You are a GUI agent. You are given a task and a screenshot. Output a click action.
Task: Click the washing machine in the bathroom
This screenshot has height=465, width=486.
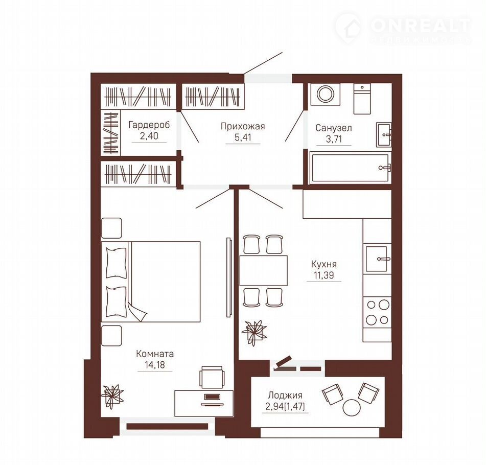[x=325, y=94]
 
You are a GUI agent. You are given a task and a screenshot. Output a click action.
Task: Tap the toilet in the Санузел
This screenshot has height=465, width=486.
[x=362, y=99]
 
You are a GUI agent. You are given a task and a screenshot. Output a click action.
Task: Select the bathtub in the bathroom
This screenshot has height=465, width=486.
[x=350, y=168]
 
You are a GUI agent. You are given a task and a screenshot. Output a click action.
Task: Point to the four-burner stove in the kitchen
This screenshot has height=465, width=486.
[x=377, y=312]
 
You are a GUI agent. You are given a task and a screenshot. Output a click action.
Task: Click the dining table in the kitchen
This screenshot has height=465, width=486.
[x=264, y=270]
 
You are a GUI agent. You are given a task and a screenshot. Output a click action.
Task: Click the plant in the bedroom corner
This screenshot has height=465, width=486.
[x=112, y=396]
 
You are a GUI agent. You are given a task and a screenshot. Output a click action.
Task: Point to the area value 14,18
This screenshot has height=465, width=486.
[x=155, y=365]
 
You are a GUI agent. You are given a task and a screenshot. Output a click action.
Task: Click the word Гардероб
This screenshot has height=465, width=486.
[x=149, y=125]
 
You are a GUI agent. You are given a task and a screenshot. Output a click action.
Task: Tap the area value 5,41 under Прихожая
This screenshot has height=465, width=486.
[x=243, y=137]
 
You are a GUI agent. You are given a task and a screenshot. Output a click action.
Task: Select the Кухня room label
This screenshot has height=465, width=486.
[x=324, y=264]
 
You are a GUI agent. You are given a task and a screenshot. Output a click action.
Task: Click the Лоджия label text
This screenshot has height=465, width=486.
[x=285, y=396]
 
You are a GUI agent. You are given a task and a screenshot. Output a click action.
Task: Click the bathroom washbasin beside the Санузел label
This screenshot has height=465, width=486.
[x=384, y=134]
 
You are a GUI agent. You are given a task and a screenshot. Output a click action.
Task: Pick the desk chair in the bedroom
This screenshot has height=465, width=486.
[x=212, y=377]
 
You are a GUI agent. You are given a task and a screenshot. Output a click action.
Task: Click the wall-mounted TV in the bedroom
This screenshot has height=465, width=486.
[x=229, y=277]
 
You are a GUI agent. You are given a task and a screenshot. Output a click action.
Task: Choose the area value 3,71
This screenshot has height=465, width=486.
[x=334, y=139]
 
